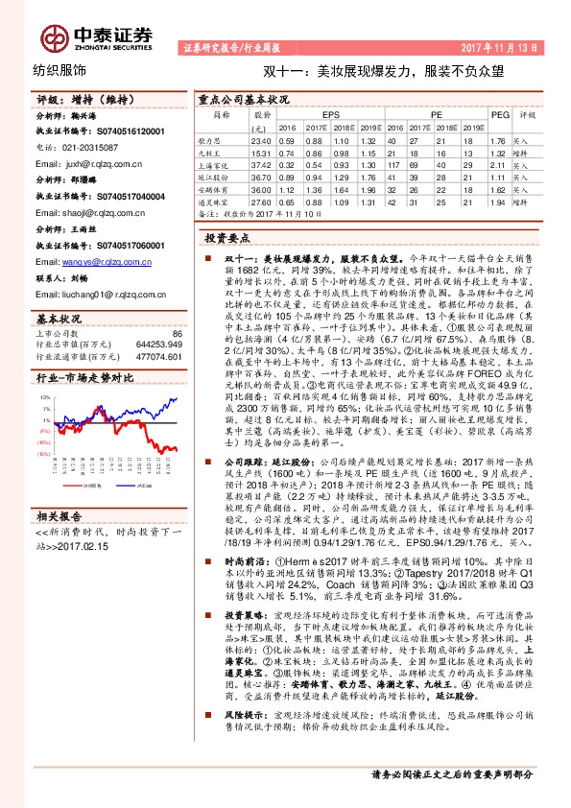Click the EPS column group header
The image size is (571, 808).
331,113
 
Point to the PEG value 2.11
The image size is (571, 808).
496,178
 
